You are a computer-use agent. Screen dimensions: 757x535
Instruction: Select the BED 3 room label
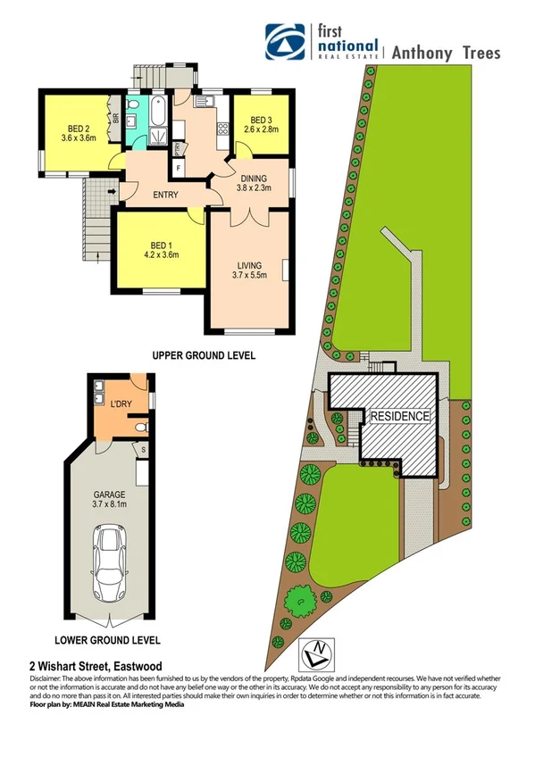pyautogui.click(x=263, y=121)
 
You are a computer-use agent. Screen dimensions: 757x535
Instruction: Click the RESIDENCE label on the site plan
pyautogui.click(x=400, y=416)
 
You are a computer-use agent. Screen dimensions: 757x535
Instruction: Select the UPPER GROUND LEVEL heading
pyautogui.click(x=204, y=355)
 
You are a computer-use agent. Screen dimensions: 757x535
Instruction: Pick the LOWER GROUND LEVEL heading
pyautogui.click(x=107, y=640)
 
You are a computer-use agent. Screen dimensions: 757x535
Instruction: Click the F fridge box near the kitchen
pyautogui.click(x=180, y=167)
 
